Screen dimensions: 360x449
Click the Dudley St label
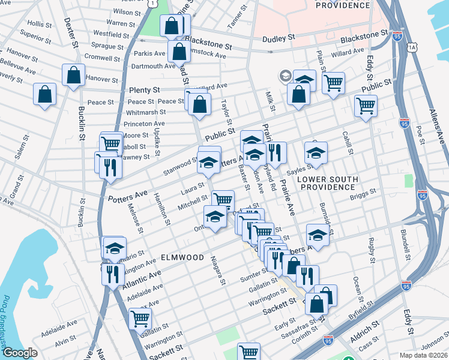pyautogui.click(x=279, y=38)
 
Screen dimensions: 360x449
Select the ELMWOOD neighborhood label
pyautogui.click(x=182, y=257)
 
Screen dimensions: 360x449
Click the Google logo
pyautogui.click(x=20, y=352)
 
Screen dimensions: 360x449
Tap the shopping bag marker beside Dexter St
pyautogui.click(x=73, y=76)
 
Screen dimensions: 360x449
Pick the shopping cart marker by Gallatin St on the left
pyautogui.click(x=139, y=319)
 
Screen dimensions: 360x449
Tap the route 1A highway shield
pyautogui.click(x=411, y=47)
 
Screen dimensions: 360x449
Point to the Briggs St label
pyautogui.click(x=364, y=192)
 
